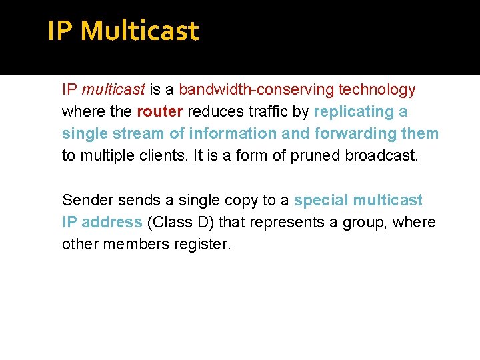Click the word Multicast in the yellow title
[143, 31]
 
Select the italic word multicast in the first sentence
[113, 89]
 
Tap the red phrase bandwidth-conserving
[257, 89]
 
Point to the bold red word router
[159, 111]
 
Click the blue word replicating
[354, 111]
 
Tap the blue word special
[321, 200]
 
